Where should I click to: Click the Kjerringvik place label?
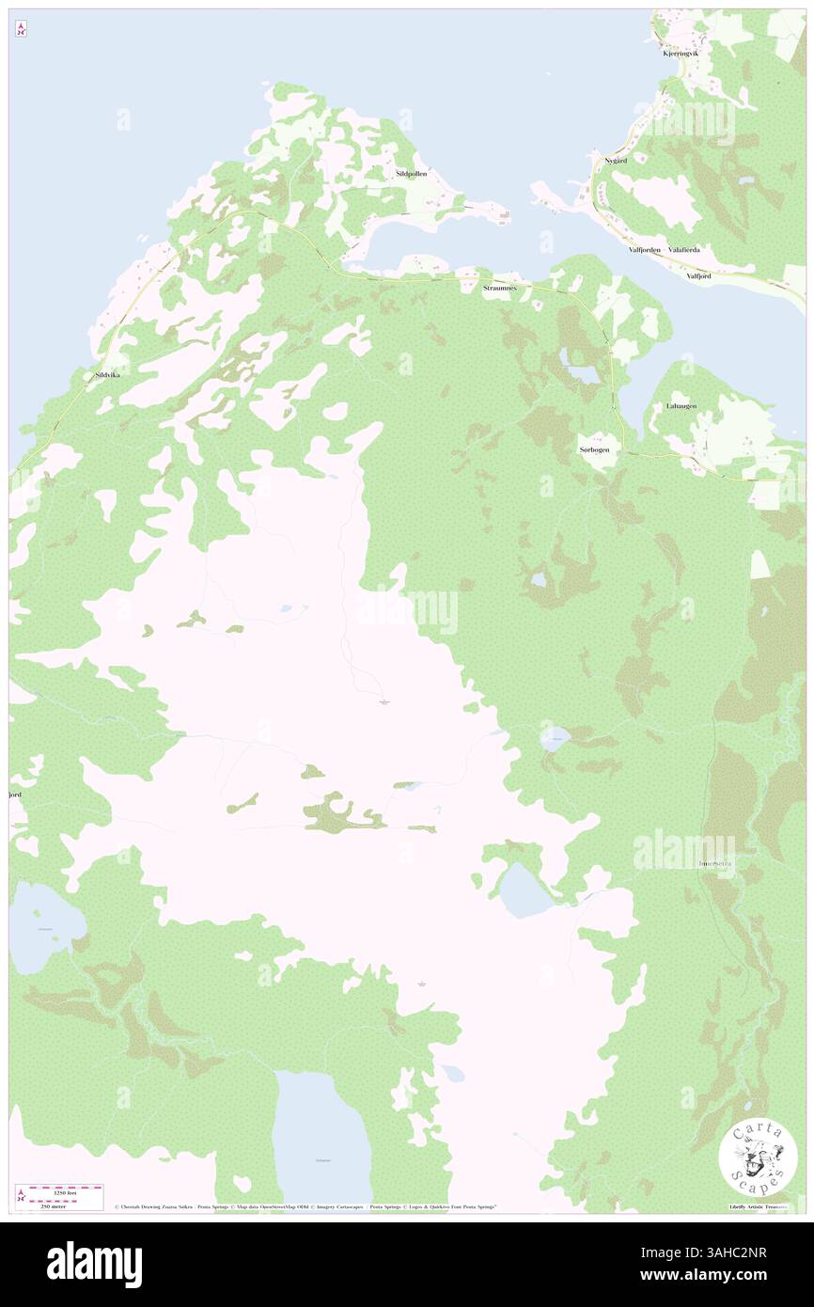(680, 54)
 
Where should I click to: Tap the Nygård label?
(616, 161)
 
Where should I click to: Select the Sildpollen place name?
(411, 174)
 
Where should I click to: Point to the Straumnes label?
(499, 287)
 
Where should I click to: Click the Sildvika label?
(109, 375)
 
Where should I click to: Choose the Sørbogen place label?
(594, 450)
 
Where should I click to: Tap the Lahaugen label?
(681, 405)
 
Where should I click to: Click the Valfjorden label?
(645, 250)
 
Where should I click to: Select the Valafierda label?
(683, 250)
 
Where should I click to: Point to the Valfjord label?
(700, 276)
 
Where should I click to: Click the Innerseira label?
(715, 861)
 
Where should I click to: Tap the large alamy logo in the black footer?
(94, 1264)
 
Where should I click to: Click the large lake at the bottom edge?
(322, 1138)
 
